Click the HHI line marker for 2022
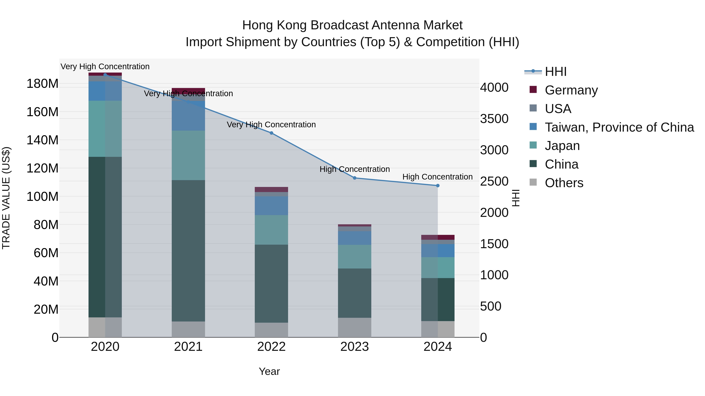[271, 133]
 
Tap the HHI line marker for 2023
[354, 178]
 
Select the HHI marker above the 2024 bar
[438, 186]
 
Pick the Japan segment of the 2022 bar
[271, 230]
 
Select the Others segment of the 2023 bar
[354, 327]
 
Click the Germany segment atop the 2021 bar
[188, 90]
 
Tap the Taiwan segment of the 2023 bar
[354, 238]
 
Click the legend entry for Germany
[571, 90]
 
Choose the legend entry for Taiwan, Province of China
[619, 127]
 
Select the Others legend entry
[564, 183]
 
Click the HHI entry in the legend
[555, 72]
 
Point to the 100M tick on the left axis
[42, 197]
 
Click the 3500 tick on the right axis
[494, 119]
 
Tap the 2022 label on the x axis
[271, 347]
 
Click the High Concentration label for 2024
[437, 177]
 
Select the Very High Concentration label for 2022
[271, 125]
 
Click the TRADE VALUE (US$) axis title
[6, 198]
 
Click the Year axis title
[269, 371]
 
